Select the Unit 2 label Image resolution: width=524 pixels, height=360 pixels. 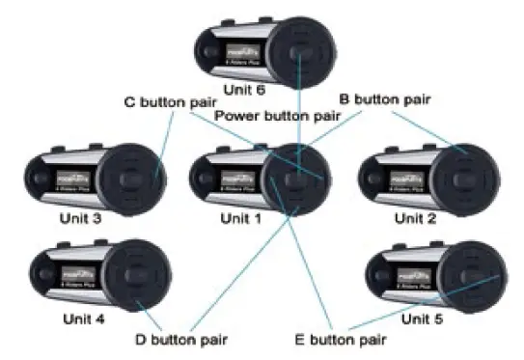tap(415, 218)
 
